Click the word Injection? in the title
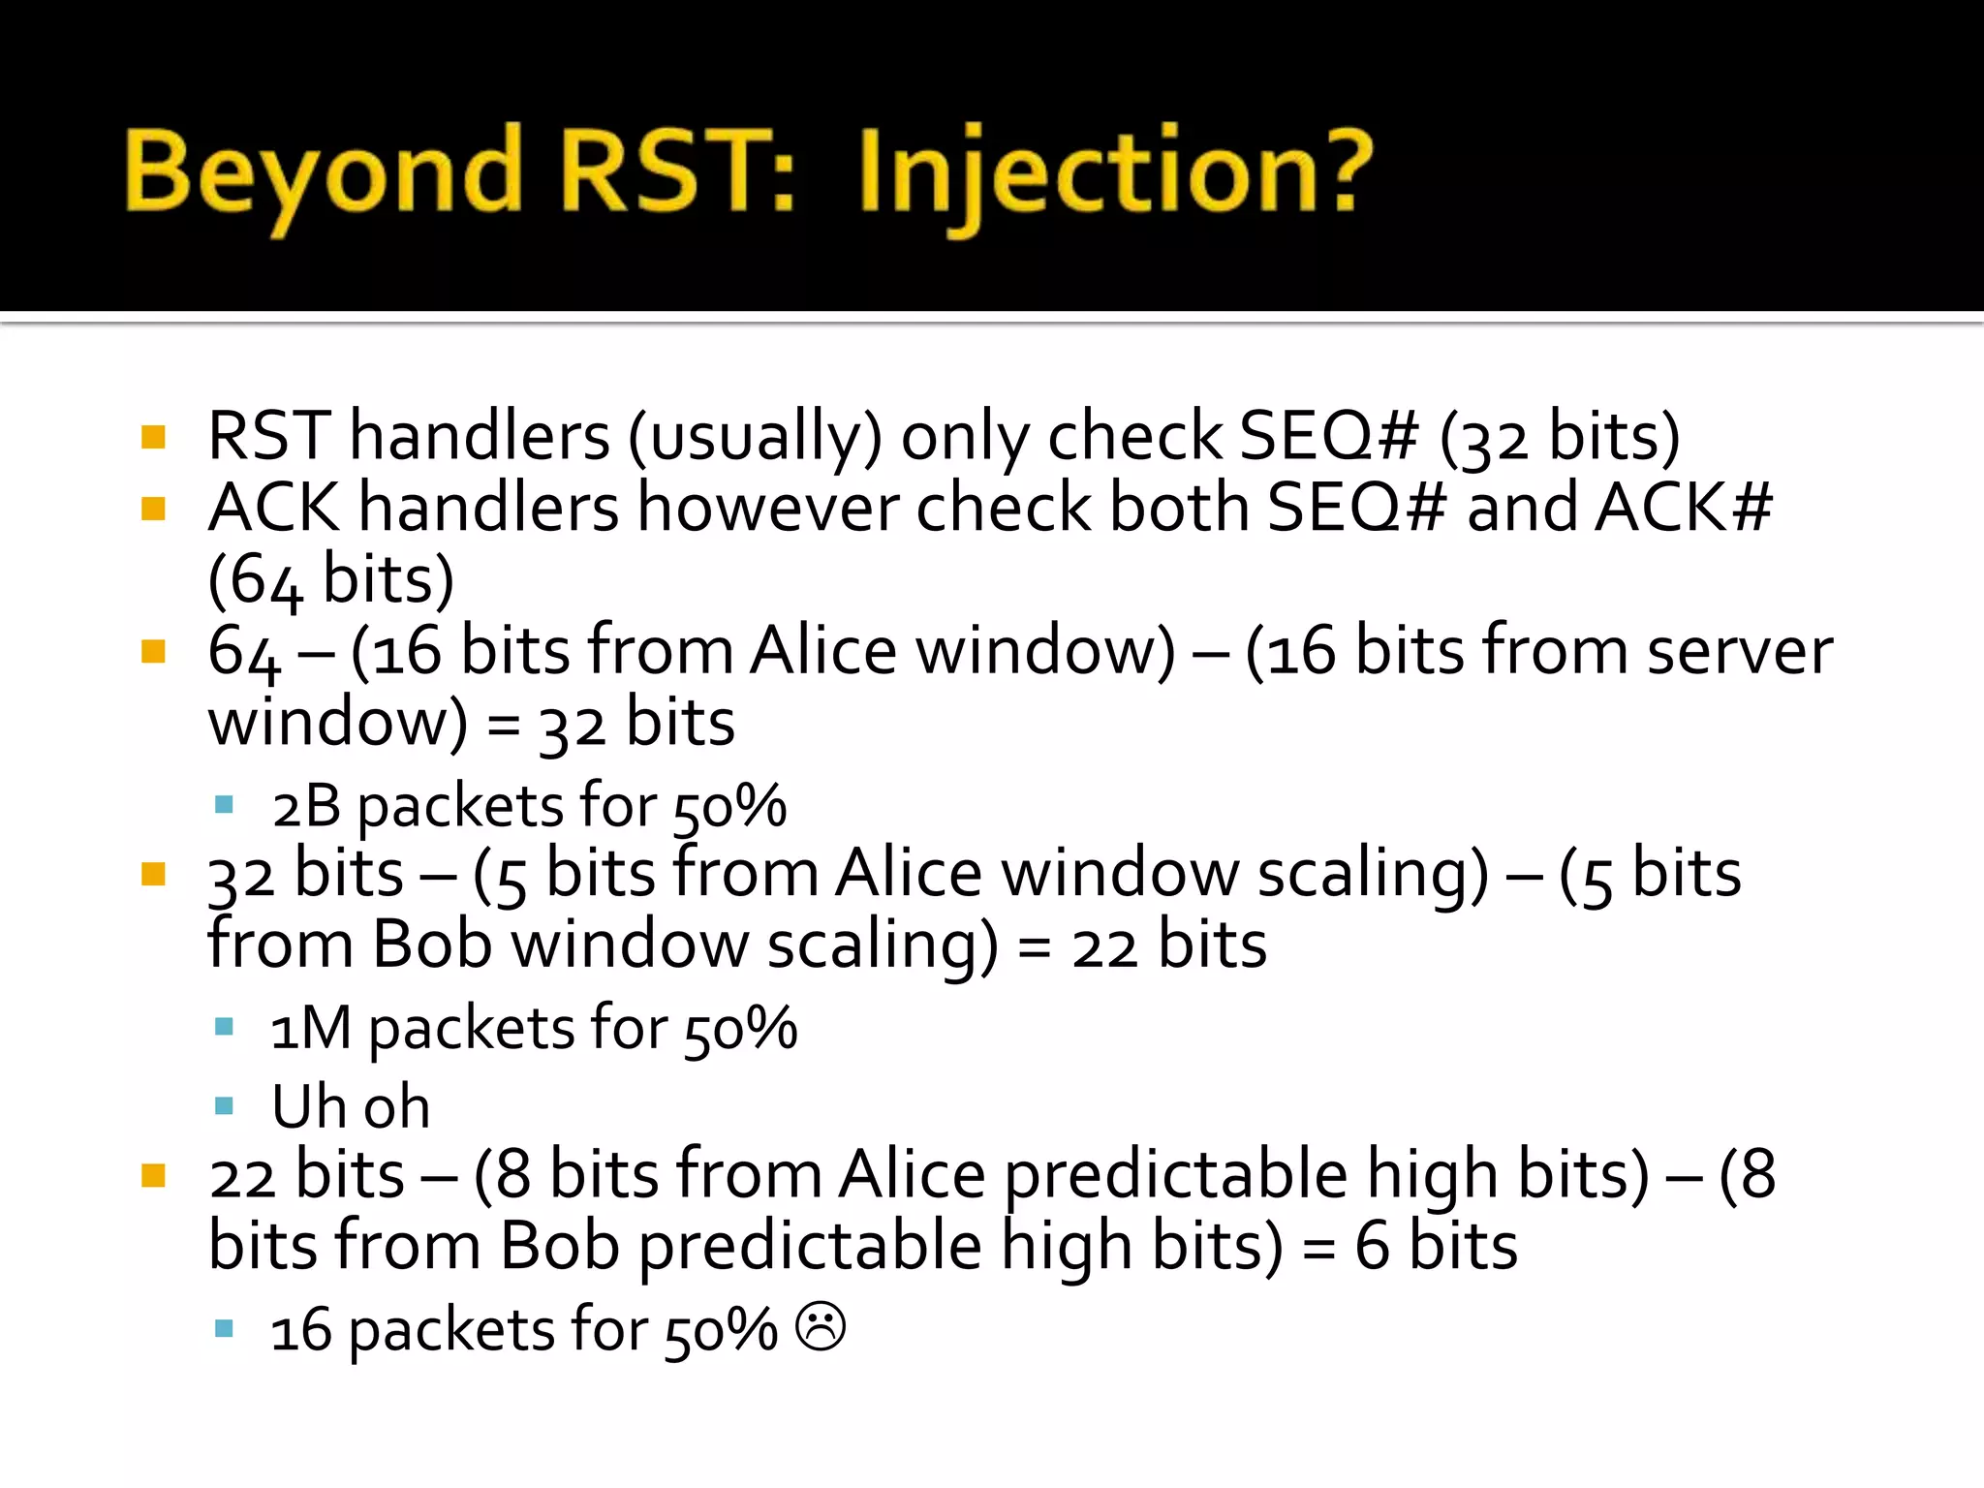click(x=1114, y=174)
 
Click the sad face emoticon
click(x=821, y=1326)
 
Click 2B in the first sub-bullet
click(x=306, y=806)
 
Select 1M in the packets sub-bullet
click(x=310, y=1029)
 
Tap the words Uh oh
click(x=351, y=1106)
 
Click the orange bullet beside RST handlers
click(x=153, y=437)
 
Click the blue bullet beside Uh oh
click(x=224, y=1105)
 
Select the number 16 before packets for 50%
click(x=300, y=1331)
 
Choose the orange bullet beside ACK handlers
click(x=153, y=509)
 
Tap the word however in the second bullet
click(x=770, y=508)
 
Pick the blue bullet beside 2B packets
click(x=224, y=804)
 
